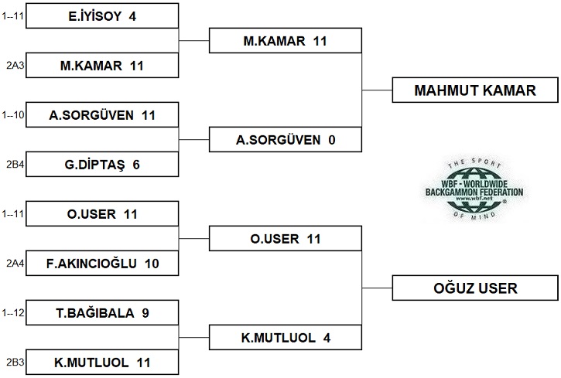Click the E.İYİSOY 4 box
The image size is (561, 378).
[102, 16]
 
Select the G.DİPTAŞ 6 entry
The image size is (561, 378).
[102, 165]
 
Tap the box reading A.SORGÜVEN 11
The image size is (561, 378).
[102, 115]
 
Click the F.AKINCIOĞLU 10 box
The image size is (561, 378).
[102, 264]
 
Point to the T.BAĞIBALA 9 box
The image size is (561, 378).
[102, 313]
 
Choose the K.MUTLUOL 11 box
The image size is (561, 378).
[102, 362]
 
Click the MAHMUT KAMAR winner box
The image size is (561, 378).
[475, 90]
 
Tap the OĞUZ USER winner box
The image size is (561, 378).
[475, 288]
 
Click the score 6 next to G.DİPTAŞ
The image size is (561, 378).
[135, 165]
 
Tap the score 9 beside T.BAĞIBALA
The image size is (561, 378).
[145, 313]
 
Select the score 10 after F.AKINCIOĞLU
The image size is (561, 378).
[151, 264]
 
